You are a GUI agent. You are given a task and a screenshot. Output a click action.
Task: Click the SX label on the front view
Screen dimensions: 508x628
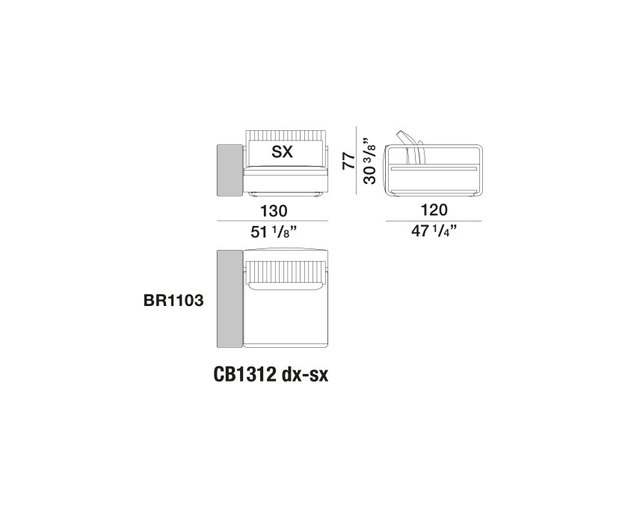tap(282, 152)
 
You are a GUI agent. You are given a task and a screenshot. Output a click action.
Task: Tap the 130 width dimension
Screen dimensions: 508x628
tap(271, 211)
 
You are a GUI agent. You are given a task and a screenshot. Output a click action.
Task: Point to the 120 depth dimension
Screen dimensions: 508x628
tap(434, 211)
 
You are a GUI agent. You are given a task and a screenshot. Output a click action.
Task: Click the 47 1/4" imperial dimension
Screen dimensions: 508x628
tap(434, 233)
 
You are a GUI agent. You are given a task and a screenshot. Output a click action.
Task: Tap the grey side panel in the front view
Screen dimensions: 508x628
tap(225, 170)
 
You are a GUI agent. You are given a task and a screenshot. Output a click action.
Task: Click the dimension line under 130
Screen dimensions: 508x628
tap(271, 221)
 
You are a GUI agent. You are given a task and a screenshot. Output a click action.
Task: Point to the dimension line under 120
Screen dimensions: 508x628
tap(434, 221)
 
